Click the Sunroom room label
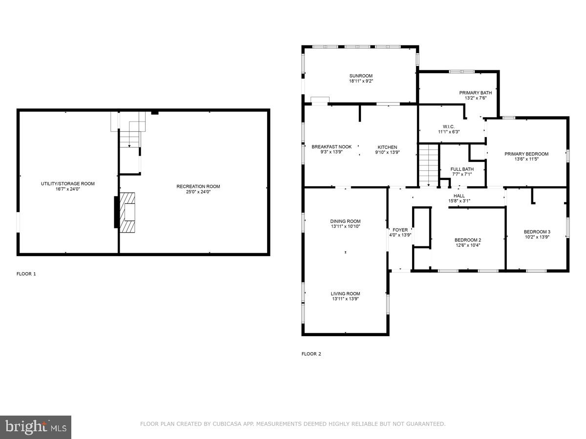click(x=360, y=76)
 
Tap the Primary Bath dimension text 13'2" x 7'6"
click(x=475, y=98)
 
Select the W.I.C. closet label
click(x=448, y=126)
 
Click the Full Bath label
click(x=461, y=169)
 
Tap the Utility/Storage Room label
click(x=67, y=183)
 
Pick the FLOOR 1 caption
click(x=26, y=274)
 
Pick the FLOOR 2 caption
click(x=311, y=354)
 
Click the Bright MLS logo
click(x=36, y=427)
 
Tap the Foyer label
click(x=400, y=230)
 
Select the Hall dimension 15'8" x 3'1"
click(x=459, y=201)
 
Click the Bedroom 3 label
click(x=537, y=232)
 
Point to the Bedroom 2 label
click(x=467, y=240)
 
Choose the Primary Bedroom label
click(x=526, y=154)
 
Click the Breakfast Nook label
click(x=332, y=147)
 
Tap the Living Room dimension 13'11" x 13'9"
click(x=345, y=299)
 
